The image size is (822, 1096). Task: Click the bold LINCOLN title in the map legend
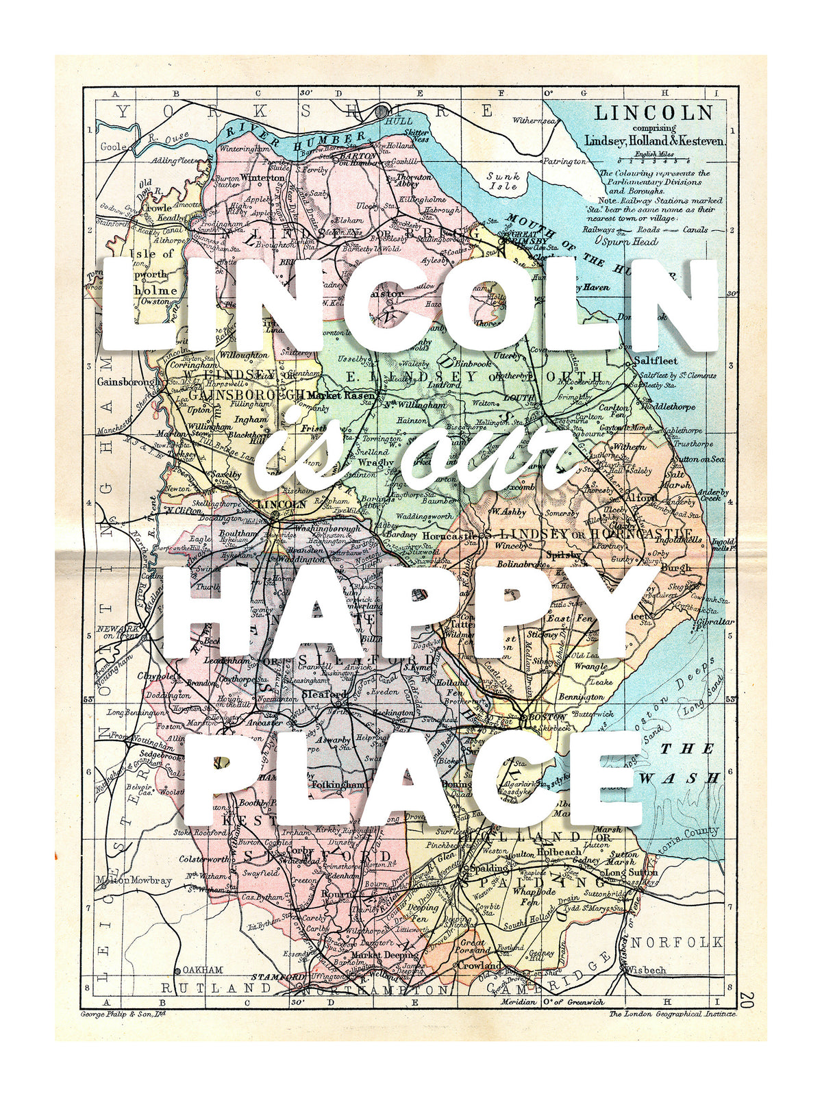[653, 114]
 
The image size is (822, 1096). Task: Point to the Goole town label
[114, 146]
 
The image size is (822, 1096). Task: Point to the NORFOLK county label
[677, 943]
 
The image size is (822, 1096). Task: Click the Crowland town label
[480, 965]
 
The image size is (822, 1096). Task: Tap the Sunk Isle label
[503, 181]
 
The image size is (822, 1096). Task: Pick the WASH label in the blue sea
[679, 778]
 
